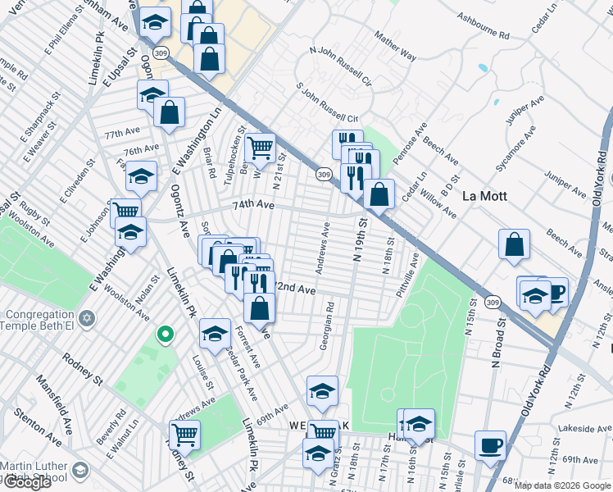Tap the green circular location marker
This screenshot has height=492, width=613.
165,334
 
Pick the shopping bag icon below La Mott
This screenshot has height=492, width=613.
514,244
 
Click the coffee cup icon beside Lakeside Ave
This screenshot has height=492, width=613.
491,445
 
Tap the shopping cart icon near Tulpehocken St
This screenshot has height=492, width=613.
260,148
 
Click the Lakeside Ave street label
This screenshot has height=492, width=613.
580,428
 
